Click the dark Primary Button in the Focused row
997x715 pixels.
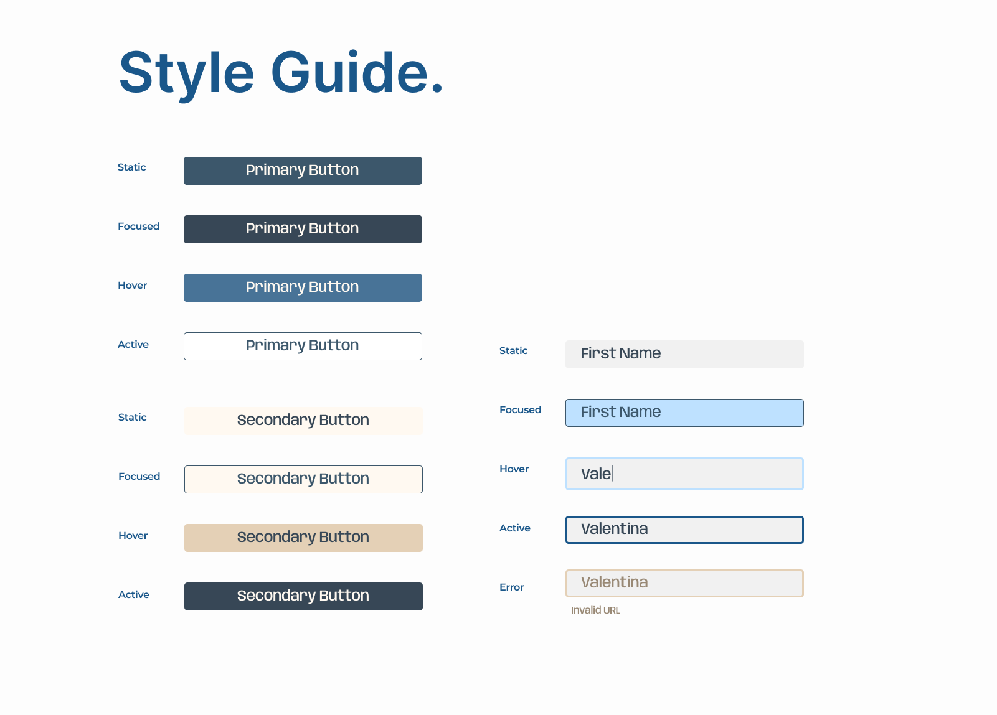[303, 229]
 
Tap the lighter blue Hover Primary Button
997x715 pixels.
[303, 287]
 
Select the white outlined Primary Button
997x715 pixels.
[303, 346]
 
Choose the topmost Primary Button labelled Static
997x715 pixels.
[303, 171]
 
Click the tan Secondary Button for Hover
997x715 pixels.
[303, 538]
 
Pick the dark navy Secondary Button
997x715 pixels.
[303, 596]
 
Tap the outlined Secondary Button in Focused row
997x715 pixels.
[303, 479]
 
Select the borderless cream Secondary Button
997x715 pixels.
[303, 421]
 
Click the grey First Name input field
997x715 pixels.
[684, 354]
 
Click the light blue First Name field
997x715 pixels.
[684, 413]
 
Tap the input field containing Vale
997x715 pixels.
[684, 474]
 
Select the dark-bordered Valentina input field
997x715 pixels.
[684, 530]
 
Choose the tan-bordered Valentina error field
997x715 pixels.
[684, 583]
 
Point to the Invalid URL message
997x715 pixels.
[595, 610]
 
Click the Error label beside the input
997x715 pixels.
[511, 587]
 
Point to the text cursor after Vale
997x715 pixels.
[612, 473]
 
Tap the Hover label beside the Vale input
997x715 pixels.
[514, 469]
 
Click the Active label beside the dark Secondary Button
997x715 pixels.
[133, 594]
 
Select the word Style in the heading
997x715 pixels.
[186, 74]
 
